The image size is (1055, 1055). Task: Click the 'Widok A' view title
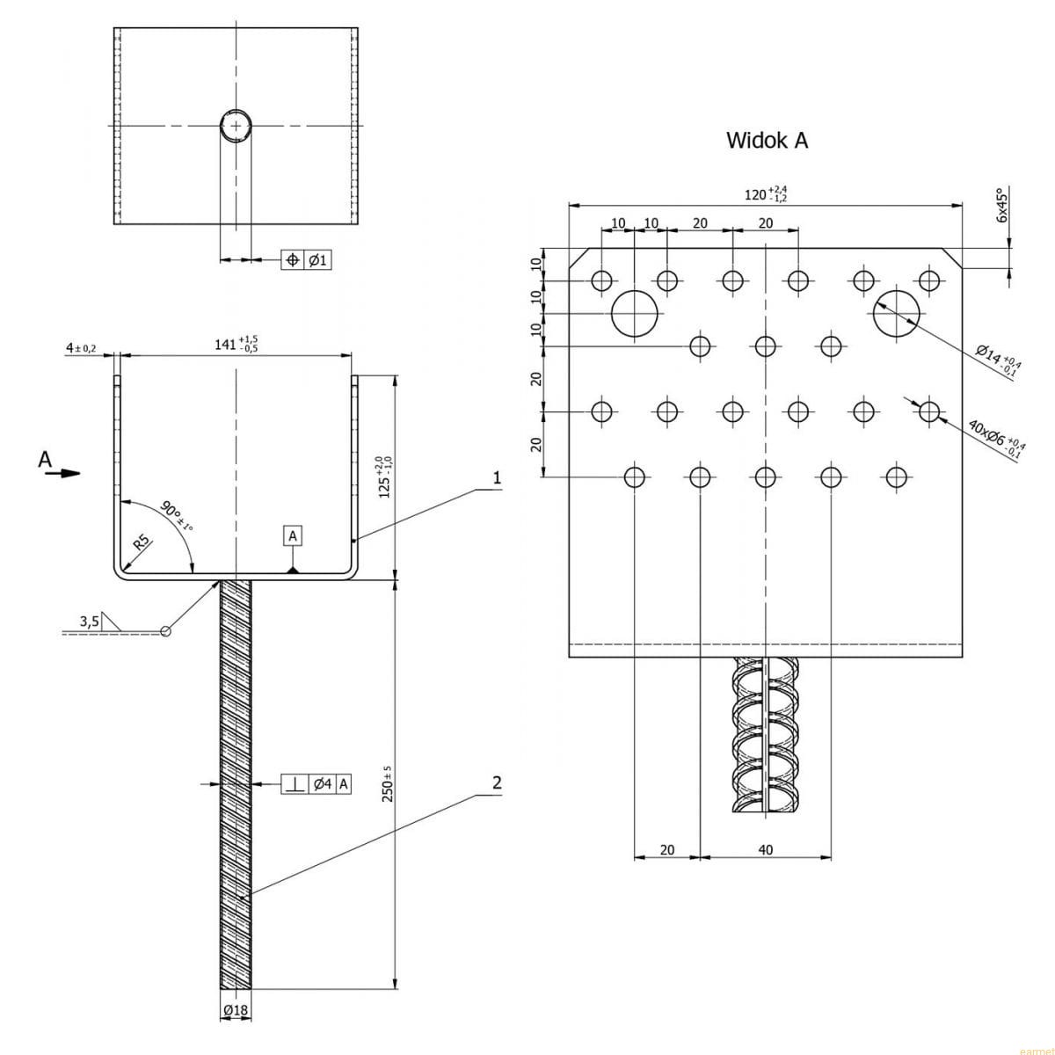(767, 140)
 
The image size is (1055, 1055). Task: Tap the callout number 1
(497, 478)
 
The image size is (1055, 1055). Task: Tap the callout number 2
(497, 782)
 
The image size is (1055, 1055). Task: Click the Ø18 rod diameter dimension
(236, 1011)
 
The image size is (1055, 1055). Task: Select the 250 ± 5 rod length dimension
(386, 783)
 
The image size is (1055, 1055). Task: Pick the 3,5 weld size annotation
(89, 622)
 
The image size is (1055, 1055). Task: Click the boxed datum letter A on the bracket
(293, 535)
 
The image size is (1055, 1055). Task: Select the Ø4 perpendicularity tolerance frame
(316, 784)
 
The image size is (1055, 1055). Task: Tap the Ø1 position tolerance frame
(306, 260)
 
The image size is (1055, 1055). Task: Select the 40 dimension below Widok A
(765, 850)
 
